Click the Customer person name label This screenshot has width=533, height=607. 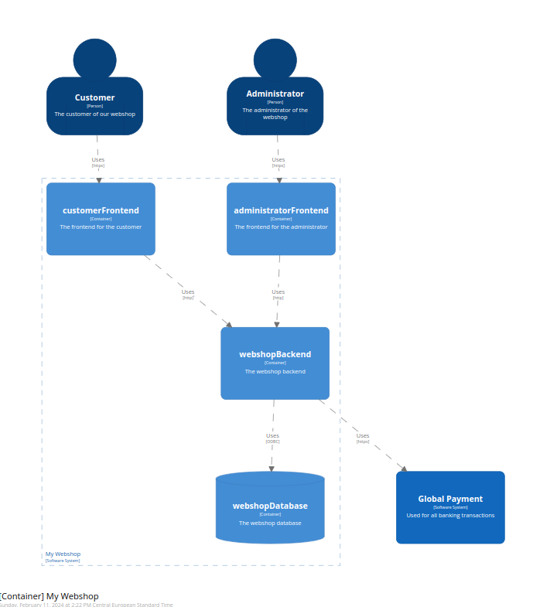coord(94,97)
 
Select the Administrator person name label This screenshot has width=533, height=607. coord(275,94)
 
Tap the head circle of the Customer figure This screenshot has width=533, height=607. coord(94,59)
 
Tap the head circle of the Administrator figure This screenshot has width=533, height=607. coord(275,59)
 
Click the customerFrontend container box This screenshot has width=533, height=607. coord(101,219)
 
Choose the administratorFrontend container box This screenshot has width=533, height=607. coord(281,219)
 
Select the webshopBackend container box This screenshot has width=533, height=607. coord(275,363)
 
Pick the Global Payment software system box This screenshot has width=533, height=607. coord(450,507)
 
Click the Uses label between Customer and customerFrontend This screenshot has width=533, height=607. coord(98,160)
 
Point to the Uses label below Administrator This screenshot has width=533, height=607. coord(278,160)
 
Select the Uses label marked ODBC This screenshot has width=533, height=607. coord(272,436)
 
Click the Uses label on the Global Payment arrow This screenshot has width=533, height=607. coord(363,436)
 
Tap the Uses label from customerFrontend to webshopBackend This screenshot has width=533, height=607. coord(188,292)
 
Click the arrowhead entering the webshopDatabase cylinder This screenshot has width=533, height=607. coord(271,468)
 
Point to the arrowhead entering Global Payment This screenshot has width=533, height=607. coord(403,469)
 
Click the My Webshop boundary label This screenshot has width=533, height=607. coord(63,554)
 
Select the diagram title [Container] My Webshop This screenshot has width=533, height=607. coord(50,596)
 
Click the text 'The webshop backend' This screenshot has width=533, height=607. coord(275,372)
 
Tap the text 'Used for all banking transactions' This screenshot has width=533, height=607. coord(450,516)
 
